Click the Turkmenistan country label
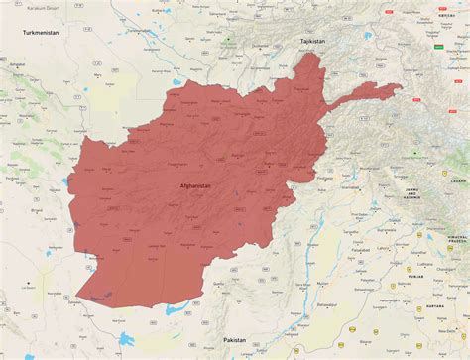pyautogui.click(x=44, y=32)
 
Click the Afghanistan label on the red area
pyautogui.click(x=195, y=185)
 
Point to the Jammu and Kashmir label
pyautogui.click(x=407, y=193)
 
